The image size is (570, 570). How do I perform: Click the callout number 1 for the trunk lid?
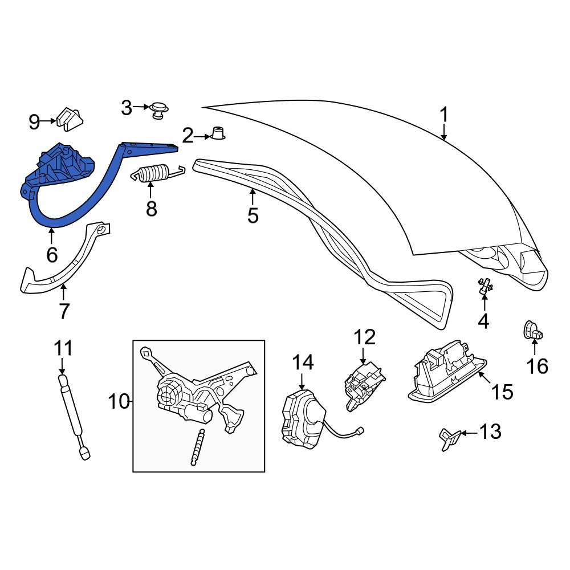(x=444, y=115)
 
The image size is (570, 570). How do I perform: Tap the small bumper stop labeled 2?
(x=218, y=133)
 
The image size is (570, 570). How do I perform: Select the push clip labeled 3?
(x=159, y=110)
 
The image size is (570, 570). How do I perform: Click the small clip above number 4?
(x=484, y=286)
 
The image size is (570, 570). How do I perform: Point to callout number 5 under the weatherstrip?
(x=253, y=215)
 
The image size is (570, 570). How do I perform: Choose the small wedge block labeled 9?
(x=70, y=119)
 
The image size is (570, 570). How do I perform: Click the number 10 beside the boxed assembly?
(x=119, y=402)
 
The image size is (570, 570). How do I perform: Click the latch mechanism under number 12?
(x=364, y=385)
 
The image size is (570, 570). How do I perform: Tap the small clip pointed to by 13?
(x=450, y=439)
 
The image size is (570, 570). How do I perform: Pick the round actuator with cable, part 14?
(x=304, y=418)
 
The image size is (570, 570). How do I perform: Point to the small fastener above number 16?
(x=533, y=330)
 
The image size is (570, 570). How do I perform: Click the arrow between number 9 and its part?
(x=48, y=120)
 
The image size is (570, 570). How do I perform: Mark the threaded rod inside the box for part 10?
(x=197, y=447)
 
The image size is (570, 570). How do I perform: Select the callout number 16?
(x=538, y=366)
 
